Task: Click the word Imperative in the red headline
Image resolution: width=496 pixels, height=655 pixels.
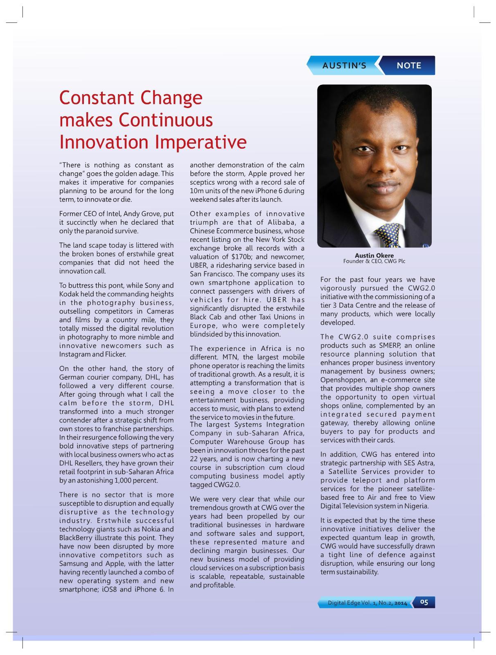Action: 201,142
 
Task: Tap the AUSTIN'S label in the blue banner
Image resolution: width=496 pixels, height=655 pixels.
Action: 344,65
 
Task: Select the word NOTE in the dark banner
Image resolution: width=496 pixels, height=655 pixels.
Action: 409,65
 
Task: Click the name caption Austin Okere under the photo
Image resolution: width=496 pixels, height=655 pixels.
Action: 374,255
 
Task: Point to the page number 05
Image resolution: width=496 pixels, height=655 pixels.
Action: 424,602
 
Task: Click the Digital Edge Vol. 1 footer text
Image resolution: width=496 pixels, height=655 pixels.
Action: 367,603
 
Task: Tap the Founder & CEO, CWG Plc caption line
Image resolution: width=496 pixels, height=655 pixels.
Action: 374,261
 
